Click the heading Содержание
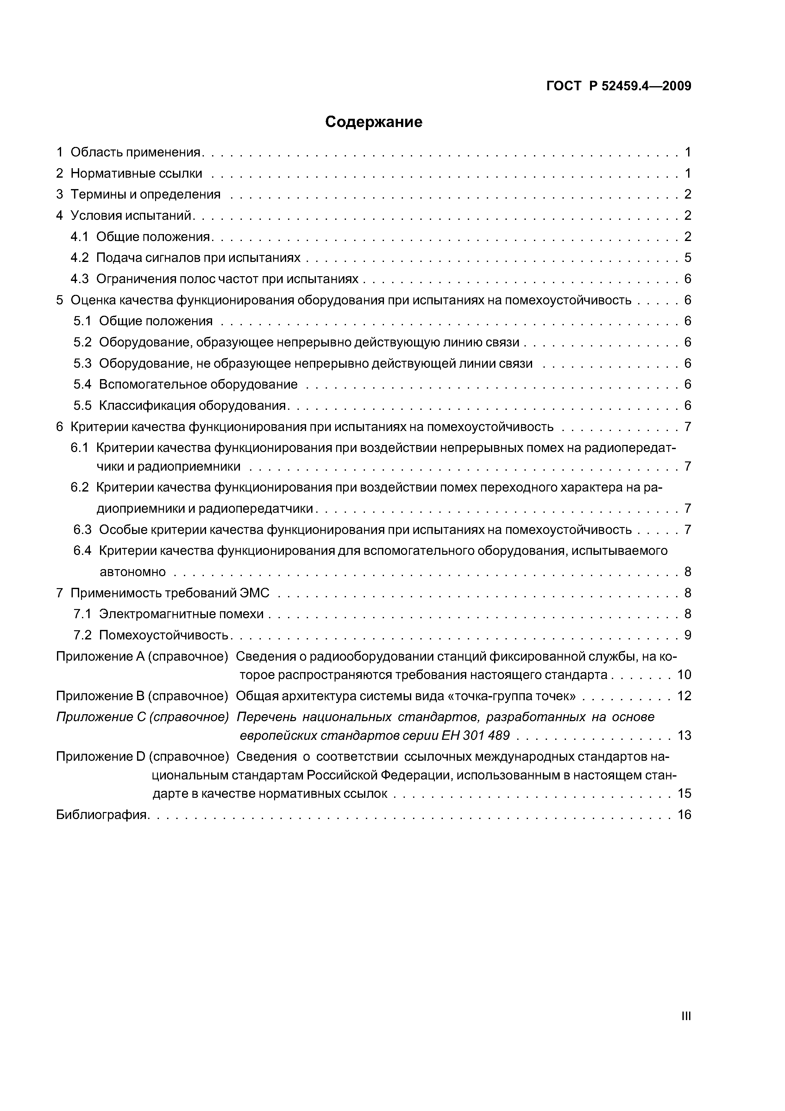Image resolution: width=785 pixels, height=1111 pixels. [374, 122]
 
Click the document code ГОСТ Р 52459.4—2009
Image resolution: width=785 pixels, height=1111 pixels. [619, 86]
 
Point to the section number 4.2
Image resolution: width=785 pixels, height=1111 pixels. [80, 257]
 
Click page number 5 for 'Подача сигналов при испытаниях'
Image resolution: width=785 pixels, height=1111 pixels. [687, 257]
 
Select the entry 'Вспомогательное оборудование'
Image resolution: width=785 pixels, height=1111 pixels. [198, 384]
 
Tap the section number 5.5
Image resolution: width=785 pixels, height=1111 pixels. [82, 405]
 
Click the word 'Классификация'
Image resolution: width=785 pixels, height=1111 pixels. [147, 405]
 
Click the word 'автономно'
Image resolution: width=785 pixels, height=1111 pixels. [133, 572]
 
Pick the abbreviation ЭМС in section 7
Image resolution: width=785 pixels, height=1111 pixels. [254, 593]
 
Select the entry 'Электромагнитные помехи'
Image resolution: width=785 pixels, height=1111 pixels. [181, 614]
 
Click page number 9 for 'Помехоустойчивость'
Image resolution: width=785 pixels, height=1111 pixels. [687, 635]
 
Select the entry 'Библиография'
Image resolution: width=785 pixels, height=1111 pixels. [102, 815]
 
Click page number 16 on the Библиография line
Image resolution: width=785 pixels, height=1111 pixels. [684, 815]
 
